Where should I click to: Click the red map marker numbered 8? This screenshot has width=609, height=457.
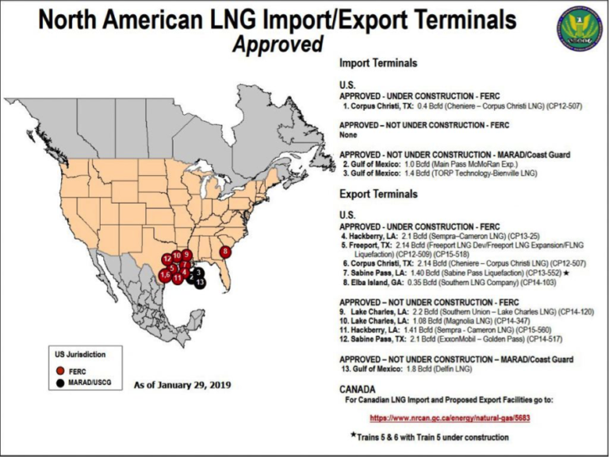(225, 252)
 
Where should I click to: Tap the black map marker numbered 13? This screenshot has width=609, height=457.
(200, 282)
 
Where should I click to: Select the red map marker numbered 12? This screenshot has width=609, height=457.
(167, 259)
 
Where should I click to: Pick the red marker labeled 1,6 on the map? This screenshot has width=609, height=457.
(165, 276)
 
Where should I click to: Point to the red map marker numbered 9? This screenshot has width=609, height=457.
(186, 255)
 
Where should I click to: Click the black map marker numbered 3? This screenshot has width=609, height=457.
(198, 272)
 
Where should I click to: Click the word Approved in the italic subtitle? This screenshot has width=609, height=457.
(278, 44)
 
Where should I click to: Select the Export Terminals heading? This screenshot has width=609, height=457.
(377, 193)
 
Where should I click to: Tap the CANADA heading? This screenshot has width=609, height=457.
(358, 390)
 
